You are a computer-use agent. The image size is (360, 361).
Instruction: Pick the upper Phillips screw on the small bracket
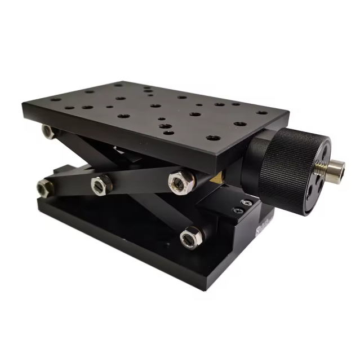pos(246,202)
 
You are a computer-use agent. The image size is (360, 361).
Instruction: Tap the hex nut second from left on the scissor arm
pos(101,183)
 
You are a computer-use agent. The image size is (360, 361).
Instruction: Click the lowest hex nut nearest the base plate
pos(190,236)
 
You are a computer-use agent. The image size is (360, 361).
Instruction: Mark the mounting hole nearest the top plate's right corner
pos(263,113)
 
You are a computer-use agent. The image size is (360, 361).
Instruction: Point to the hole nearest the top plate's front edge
pos(212,138)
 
